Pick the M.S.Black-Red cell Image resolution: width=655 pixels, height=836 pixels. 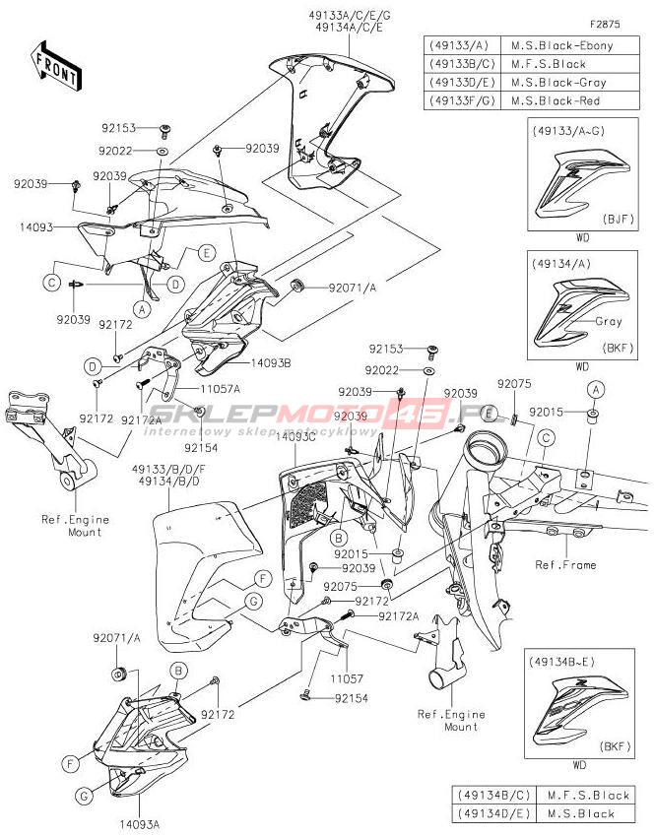(x=562, y=101)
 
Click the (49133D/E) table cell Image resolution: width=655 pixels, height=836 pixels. (x=462, y=83)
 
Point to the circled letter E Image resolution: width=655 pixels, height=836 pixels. (x=206, y=252)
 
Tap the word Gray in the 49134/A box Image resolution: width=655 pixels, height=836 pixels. (x=609, y=322)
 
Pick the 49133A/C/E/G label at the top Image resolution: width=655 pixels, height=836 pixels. (x=351, y=18)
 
